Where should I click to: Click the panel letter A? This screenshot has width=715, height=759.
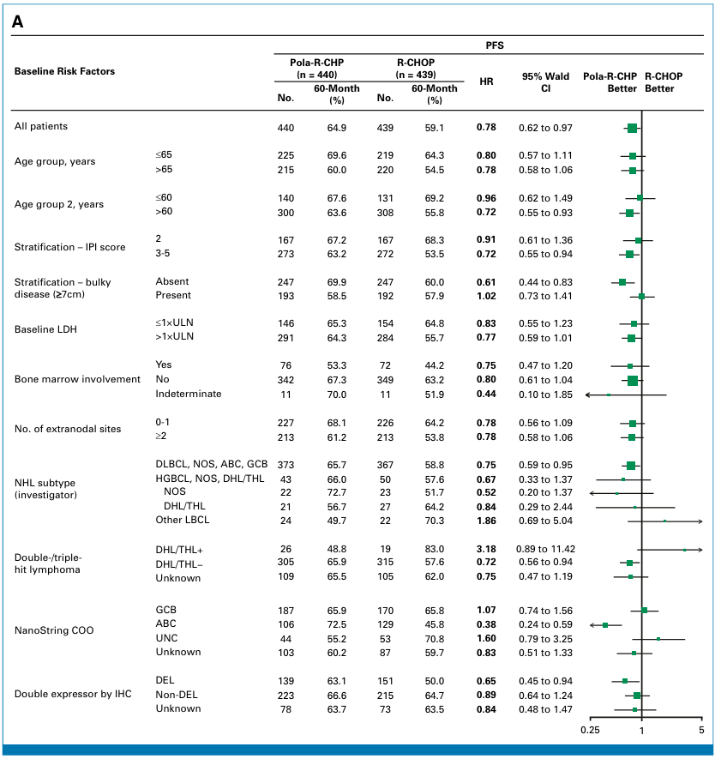pyautogui.click(x=17, y=21)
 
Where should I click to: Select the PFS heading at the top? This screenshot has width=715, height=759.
pyautogui.click(x=495, y=45)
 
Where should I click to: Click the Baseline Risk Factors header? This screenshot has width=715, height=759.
pyautogui.click(x=64, y=71)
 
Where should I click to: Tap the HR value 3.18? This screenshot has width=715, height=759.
pyautogui.click(x=486, y=549)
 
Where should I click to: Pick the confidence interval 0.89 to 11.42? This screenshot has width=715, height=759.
pyautogui.click(x=545, y=549)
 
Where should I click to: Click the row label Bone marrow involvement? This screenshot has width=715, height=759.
pyautogui.click(x=77, y=379)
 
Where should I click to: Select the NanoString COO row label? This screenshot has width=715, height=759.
pyautogui.click(x=54, y=630)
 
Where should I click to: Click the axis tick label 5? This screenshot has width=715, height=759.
pyautogui.click(x=701, y=730)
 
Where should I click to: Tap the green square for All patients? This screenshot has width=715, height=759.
pyautogui.click(x=633, y=129)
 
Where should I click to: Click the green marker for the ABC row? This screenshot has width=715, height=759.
pyautogui.click(x=605, y=625)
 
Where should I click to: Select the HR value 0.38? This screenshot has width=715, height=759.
pyautogui.click(x=486, y=624)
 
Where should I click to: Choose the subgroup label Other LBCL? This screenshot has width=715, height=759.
pyautogui.click(x=183, y=520)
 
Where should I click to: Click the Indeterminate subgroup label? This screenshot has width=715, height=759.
pyautogui.click(x=189, y=394)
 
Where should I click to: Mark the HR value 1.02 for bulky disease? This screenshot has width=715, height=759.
pyautogui.click(x=486, y=296)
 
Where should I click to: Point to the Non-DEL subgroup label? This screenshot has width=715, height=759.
pyautogui.click(x=177, y=695)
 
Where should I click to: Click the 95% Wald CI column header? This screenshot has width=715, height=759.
pyautogui.click(x=546, y=82)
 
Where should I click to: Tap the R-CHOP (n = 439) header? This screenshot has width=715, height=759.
pyautogui.click(x=416, y=69)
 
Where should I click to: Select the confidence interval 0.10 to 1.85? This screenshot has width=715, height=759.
pyautogui.click(x=545, y=395)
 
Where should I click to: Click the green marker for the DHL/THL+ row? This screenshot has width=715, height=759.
pyautogui.click(x=684, y=550)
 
